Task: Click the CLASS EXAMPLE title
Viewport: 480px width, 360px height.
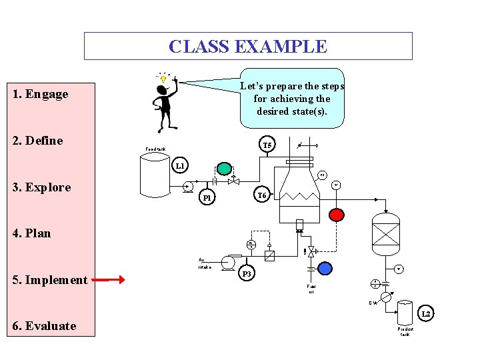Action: pyautogui.click(x=248, y=47)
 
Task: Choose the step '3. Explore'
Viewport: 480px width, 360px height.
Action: pyautogui.click(x=41, y=187)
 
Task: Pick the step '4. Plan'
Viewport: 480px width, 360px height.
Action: pyautogui.click(x=31, y=233)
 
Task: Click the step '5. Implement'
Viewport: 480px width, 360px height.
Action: pyautogui.click(x=50, y=280)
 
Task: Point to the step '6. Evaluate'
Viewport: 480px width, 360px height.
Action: pyautogui.click(x=44, y=326)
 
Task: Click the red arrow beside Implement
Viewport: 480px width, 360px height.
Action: pyautogui.click(x=109, y=280)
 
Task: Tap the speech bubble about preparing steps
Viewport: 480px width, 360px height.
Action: pyautogui.click(x=292, y=98)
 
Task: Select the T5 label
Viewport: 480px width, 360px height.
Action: pyautogui.click(x=267, y=145)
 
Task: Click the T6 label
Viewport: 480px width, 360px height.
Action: pyautogui.click(x=262, y=195)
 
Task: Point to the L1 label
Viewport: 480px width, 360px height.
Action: pyautogui.click(x=181, y=165)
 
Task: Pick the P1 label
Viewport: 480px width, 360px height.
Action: pyautogui.click(x=207, y=198)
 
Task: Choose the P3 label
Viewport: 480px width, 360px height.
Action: pyautogui.click(x=247, y=274)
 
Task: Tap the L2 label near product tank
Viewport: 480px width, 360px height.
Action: pyautogui.click(x=427, y=313)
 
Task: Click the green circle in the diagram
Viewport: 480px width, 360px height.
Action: pyautogui.click(x=225, y=169)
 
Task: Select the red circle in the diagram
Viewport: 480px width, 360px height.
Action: pyautogui.click(x=337, y=214)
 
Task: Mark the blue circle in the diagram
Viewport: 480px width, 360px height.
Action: pyautogui.click(x=325, y=268)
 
